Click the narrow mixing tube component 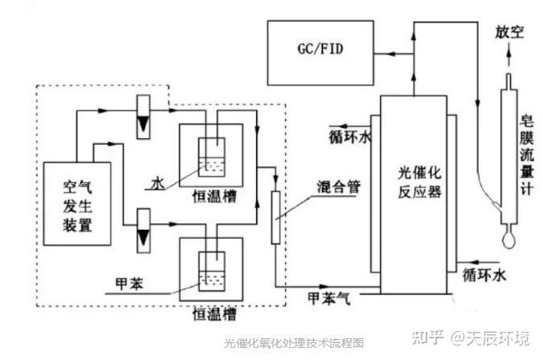276,218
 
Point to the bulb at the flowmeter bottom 507,239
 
